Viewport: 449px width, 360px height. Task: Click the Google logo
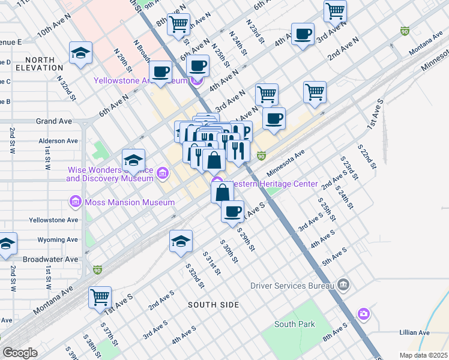(x=20, y=353)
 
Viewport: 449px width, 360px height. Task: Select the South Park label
(x=294, y=324)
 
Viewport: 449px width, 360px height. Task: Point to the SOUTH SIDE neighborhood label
(x=213, y=305)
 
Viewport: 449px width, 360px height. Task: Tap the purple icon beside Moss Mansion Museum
(x=75, y=202)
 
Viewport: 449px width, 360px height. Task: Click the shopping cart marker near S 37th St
(x=100, y=296)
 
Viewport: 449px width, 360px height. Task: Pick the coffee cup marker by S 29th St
(x=233, y=211)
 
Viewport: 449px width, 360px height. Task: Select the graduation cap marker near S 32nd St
(x=181, y=241)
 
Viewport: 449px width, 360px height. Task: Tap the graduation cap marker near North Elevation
(x=80, y=53)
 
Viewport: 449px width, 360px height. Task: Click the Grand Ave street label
(x=54, y=121)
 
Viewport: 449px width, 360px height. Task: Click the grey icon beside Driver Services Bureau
(x=343, y=283)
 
